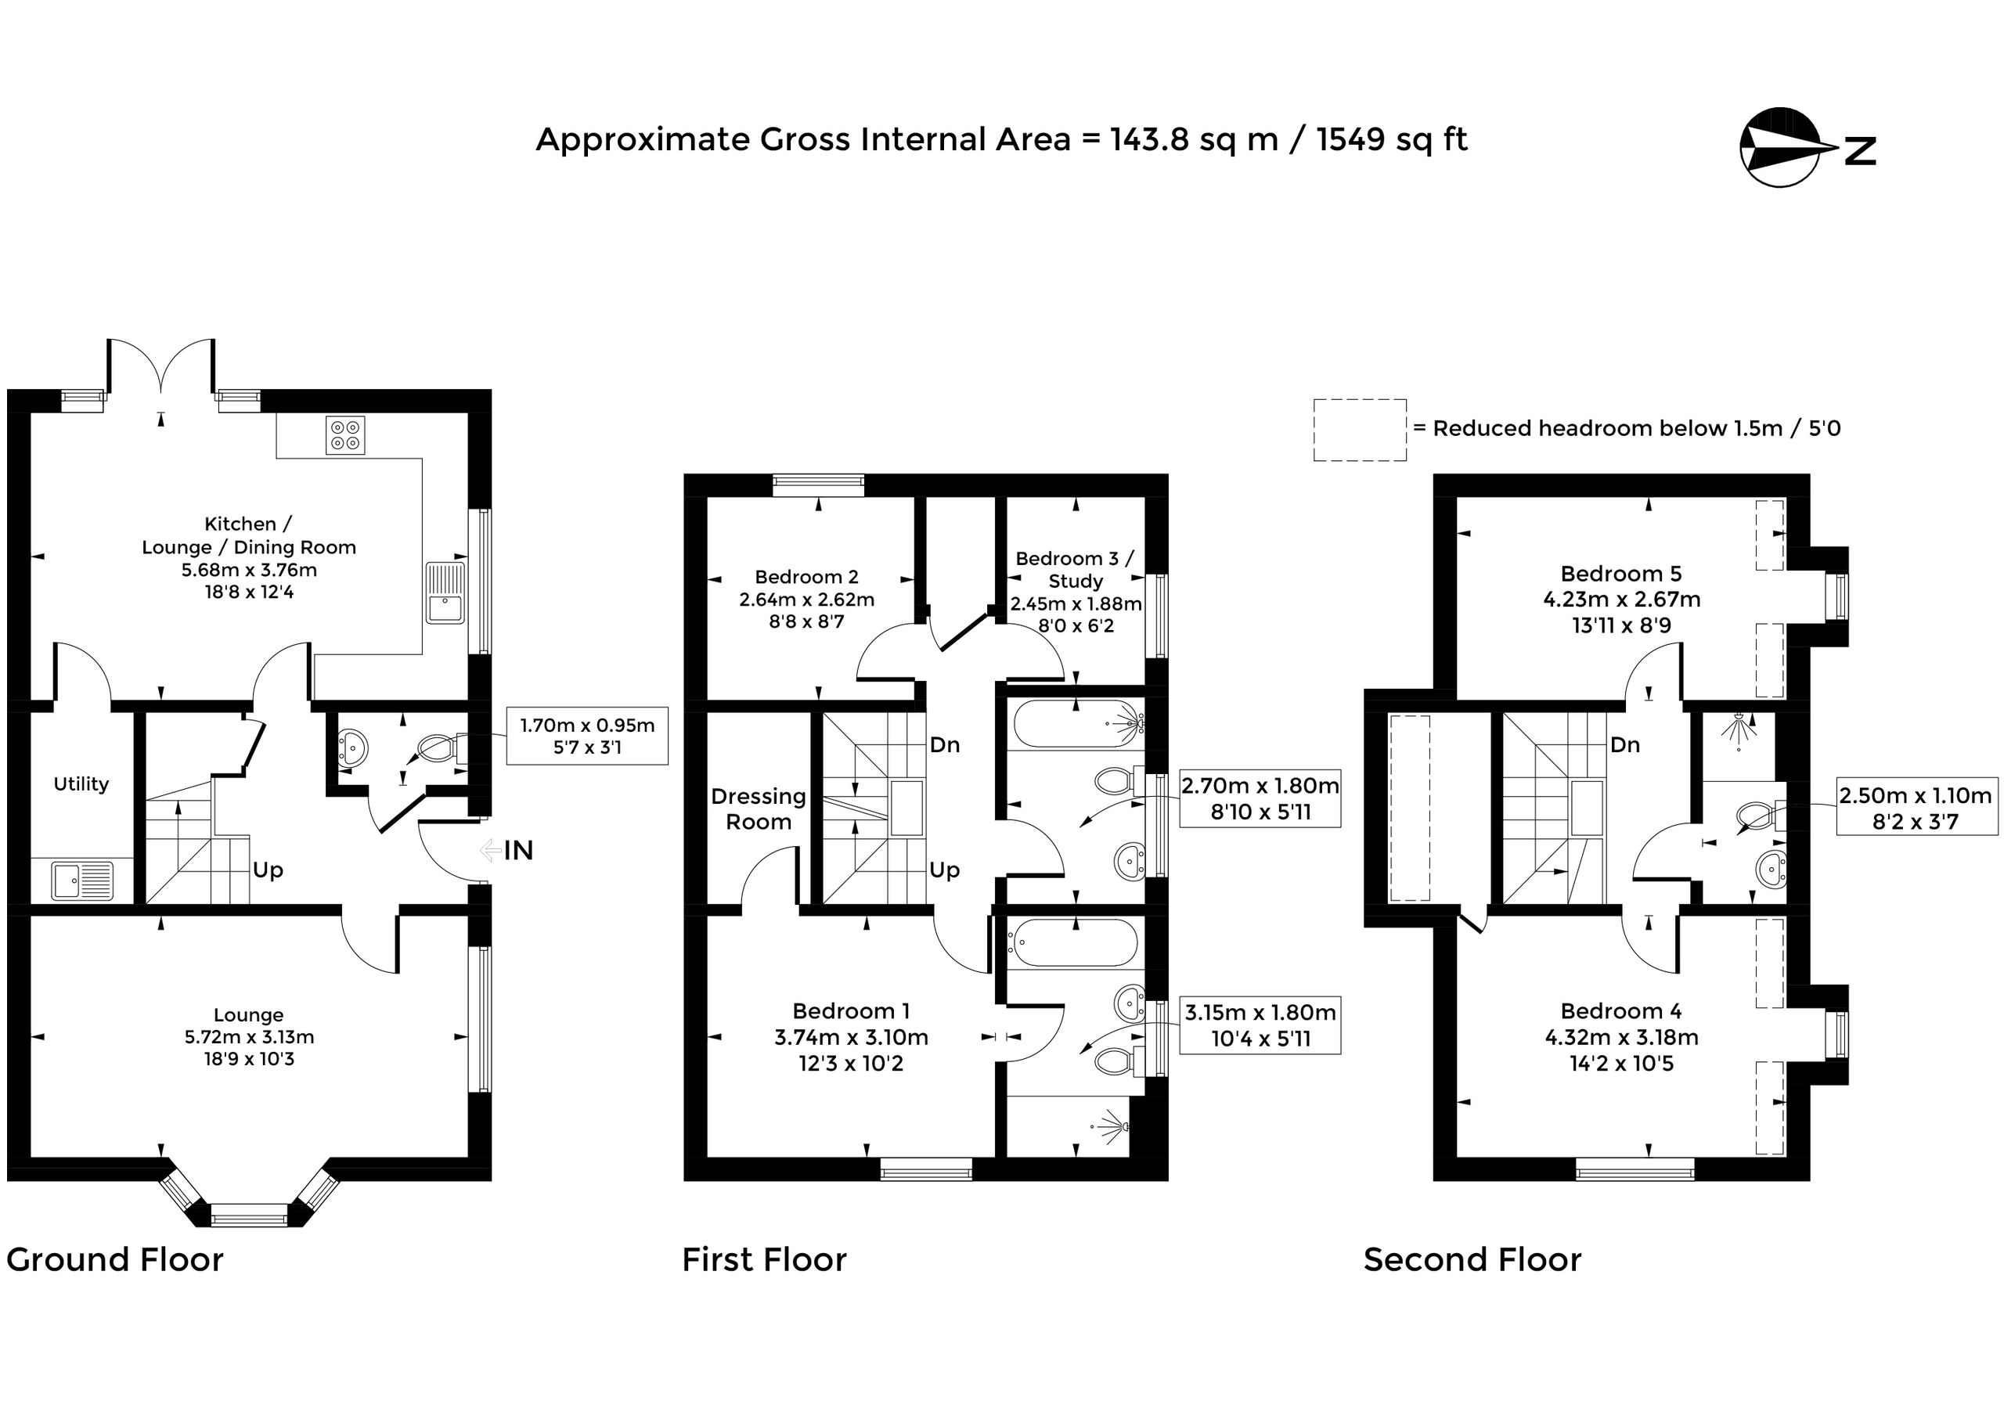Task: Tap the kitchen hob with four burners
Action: [345, 435]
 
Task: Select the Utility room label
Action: [81, 783]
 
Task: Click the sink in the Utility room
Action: [82, 880]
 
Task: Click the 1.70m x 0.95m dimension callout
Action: [587, 736]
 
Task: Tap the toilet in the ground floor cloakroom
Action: [442, 749]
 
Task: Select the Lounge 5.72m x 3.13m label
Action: [249, 1037]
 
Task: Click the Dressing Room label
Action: [759, 809]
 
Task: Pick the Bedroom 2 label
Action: [806, 599]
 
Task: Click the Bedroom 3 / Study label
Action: [1076, 592]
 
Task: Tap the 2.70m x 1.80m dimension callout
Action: [1260, 798]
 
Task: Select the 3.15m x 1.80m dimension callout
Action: [1260, 1025]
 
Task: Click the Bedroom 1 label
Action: [851, 1037]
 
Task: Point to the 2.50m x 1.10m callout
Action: [1916, 809]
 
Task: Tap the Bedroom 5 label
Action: [1621, 600]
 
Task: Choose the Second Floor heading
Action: [1472, 1260]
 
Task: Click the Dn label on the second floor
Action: [1624, 744]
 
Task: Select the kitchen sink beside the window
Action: [445, 593]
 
